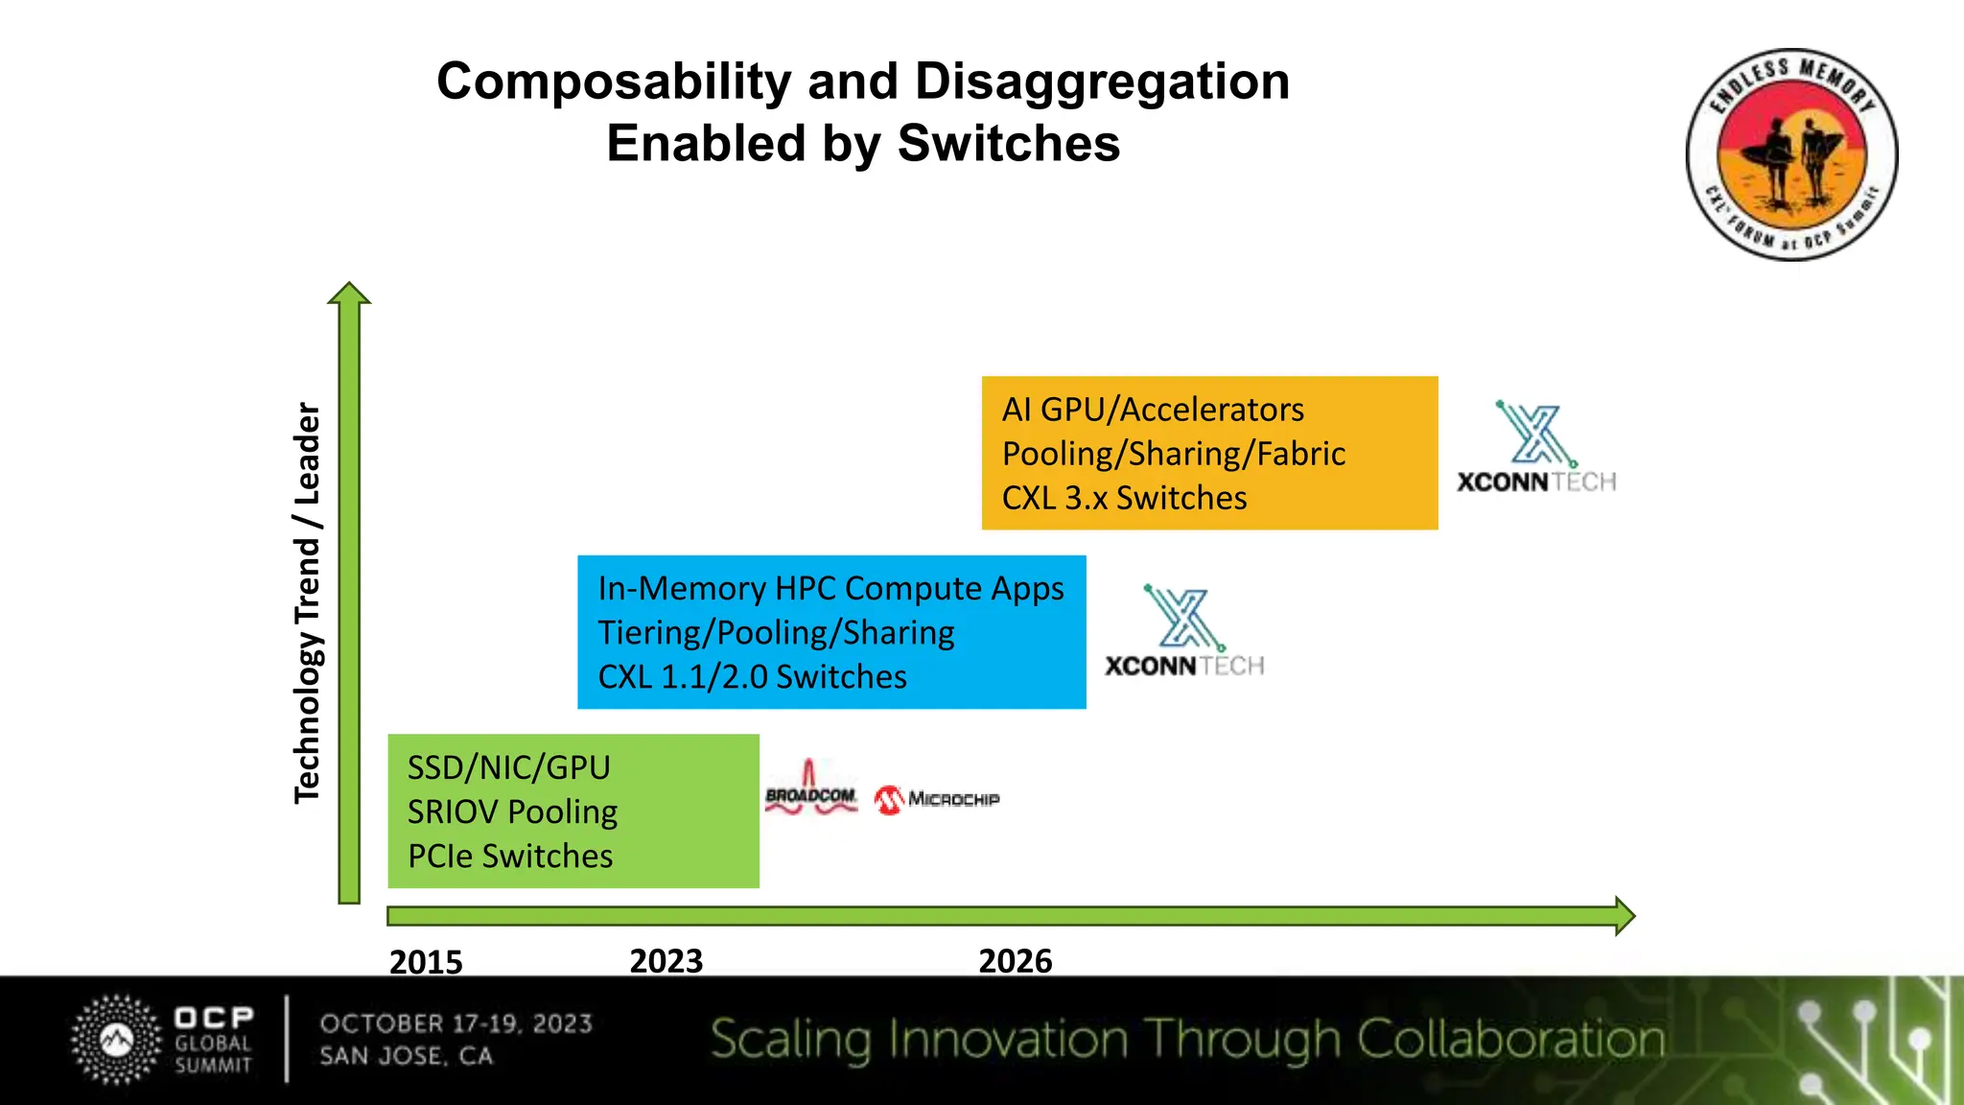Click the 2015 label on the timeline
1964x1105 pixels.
(x=426, y=961)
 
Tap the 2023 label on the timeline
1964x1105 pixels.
(x=666, y=960)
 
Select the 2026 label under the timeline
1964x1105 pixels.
(x=1015, y=960)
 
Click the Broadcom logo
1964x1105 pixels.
(x=810, y=790)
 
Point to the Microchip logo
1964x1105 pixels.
(x=937, y=799)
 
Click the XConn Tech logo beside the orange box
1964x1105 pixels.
(x=1536, y=448)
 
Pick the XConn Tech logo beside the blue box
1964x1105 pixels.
(x=1184, y=632)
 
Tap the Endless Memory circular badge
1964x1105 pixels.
(x=1791, y=154)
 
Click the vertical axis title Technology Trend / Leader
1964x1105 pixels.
(x=307, y=602)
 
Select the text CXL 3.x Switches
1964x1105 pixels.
(x=1124, y=498)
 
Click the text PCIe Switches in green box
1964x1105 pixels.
(x=510, y=856)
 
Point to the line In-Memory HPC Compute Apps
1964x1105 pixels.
(x=830, y=588)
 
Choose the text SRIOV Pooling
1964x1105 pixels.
(x=512, y=811)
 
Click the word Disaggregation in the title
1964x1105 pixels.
(x=1102, y=82)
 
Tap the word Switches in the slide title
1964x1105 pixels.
(x=1009, y=144)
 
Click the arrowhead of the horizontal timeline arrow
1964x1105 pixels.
(x=1625, y=916)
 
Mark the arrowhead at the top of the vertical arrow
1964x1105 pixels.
(x=349, y=294)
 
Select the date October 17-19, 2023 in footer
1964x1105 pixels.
(x=456, y=1023)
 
